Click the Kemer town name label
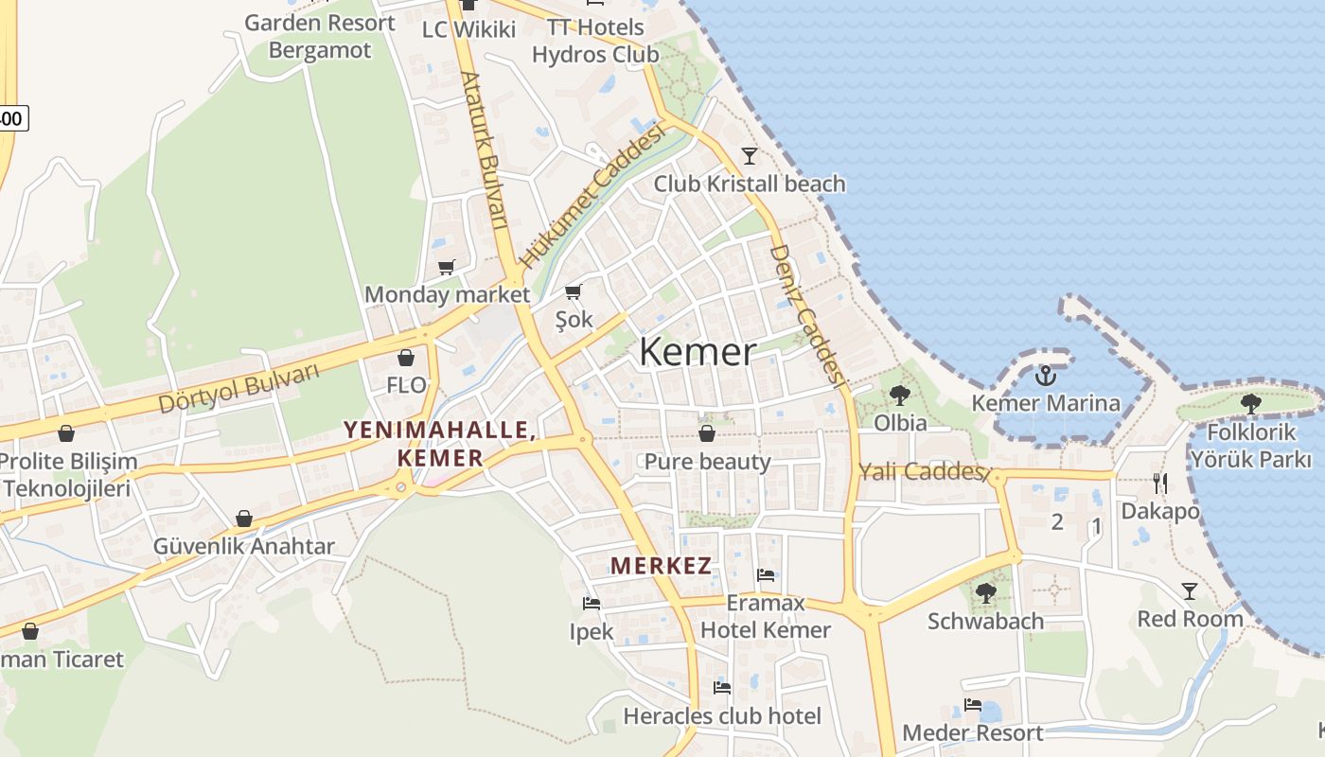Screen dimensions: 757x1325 [x=698, y=352]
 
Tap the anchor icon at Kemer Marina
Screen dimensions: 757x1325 [x=1045, y=377]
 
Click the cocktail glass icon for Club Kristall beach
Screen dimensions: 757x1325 [x=750, y=155]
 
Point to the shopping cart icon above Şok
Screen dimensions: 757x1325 [x=573, y=292]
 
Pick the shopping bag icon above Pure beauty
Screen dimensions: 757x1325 [x=706, y=434]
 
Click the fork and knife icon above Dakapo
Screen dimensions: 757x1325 [x=1159, y=484]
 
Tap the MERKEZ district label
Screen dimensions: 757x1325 [x=661, y=566]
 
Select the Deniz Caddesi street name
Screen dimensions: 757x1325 [x=805, y=314]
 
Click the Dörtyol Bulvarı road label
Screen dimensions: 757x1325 [x=238, y=388]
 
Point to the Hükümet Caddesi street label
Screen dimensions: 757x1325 [x=592, y=195]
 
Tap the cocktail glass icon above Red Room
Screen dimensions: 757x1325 [x=1190, y=591]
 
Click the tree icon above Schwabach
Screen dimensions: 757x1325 [x=985, y=593]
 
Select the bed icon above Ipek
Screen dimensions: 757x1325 [x=592, y=603]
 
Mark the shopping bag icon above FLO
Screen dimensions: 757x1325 [x=406, y=358]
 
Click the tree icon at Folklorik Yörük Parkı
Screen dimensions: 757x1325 [x=1251, y=404]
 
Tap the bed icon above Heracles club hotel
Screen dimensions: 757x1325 [x=722, y=688]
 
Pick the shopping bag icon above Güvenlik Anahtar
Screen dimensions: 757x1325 [x=244, y=519]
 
